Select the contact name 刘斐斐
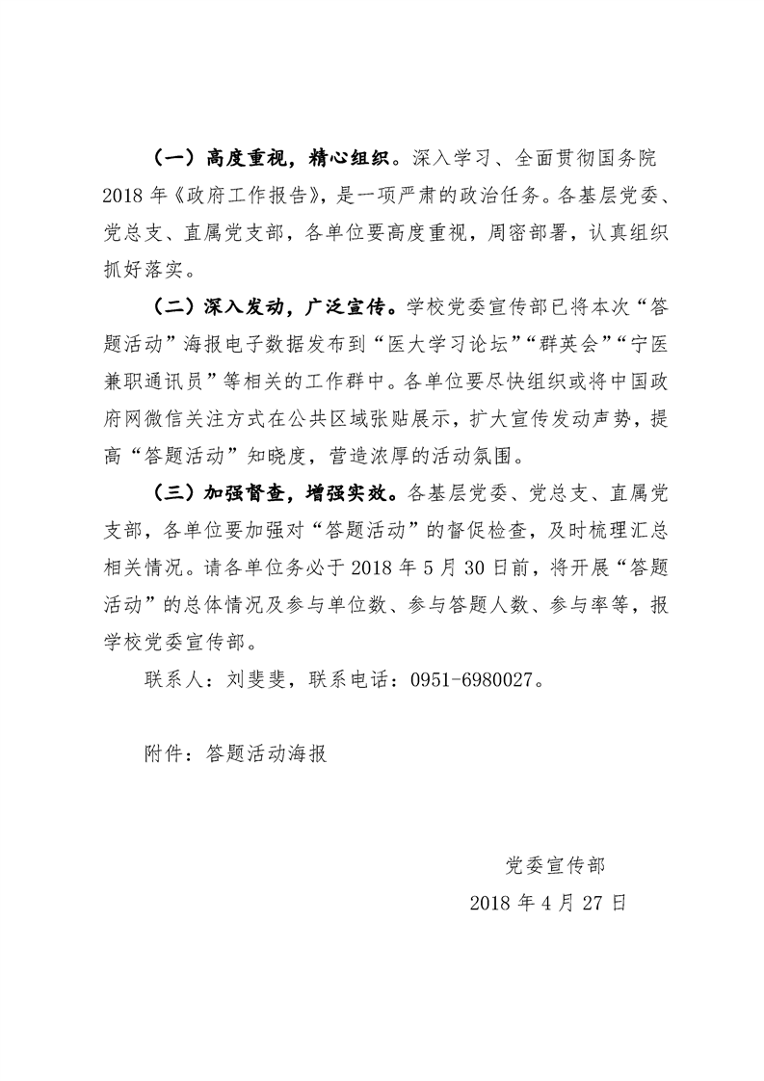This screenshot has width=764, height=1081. [259, 680]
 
